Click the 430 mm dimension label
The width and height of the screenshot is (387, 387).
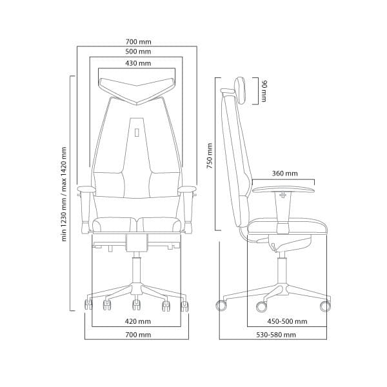point(138,63)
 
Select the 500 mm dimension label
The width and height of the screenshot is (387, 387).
point(138,52)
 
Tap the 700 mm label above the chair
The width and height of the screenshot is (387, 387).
point(138,42)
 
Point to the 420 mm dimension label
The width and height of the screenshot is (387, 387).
point(138,321)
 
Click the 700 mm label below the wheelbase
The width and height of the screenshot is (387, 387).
point(138,335)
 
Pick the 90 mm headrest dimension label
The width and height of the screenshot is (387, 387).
point(264,91)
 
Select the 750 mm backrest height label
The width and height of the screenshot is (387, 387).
point(210,155)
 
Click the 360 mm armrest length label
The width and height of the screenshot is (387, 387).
point(284,174)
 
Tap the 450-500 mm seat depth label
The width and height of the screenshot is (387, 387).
point(287,321)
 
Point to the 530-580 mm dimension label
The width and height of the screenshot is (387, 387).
point(276,335)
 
